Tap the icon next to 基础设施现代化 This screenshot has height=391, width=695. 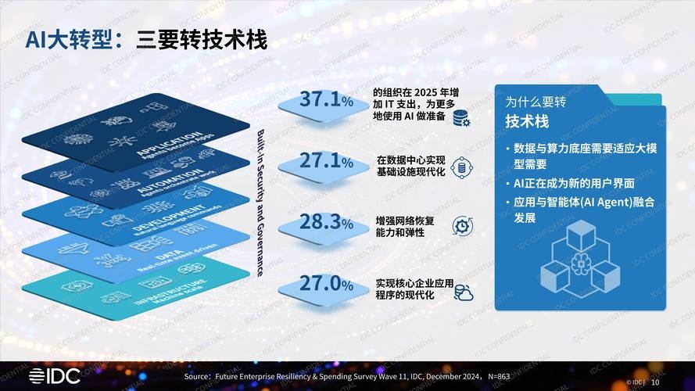point(461,166)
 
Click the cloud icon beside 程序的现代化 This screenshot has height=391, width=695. point(463,292)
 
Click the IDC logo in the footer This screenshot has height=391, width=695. point(56,376)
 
